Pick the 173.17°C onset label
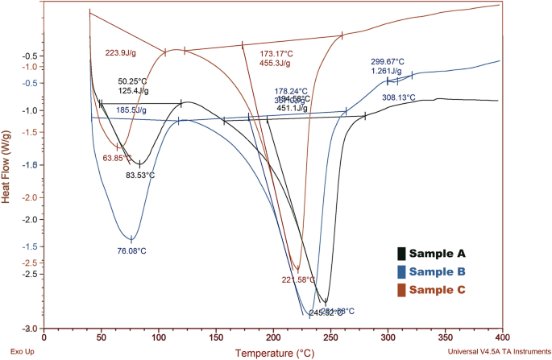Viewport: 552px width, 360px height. [275, 52]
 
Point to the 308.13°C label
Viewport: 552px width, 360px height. [398, 97]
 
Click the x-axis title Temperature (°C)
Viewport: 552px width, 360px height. [274, 353]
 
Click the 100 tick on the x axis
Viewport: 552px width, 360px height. [158, 339]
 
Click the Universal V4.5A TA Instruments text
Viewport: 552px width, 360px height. [496, 352]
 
